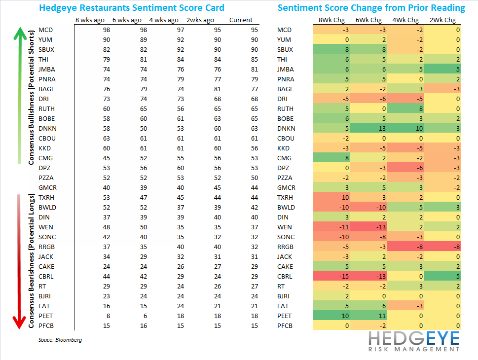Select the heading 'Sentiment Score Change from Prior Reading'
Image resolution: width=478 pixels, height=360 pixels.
pyautogui.click(x=371, y=7)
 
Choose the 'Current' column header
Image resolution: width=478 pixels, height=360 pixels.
pyautogui.click(x=241, y=20)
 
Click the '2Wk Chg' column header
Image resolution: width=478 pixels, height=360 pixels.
pyautogui.click(x=443, y=20)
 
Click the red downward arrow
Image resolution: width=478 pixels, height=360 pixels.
pyautogui.click(x=19, y=261)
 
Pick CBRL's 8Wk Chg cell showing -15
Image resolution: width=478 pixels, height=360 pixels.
pyautogui.click(x=331, y=276)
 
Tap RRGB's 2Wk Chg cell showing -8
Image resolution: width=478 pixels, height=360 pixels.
pyautogui.click(x=442, y=247)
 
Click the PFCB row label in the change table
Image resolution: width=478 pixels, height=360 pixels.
pyautogui.click(x=285, y=325)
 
